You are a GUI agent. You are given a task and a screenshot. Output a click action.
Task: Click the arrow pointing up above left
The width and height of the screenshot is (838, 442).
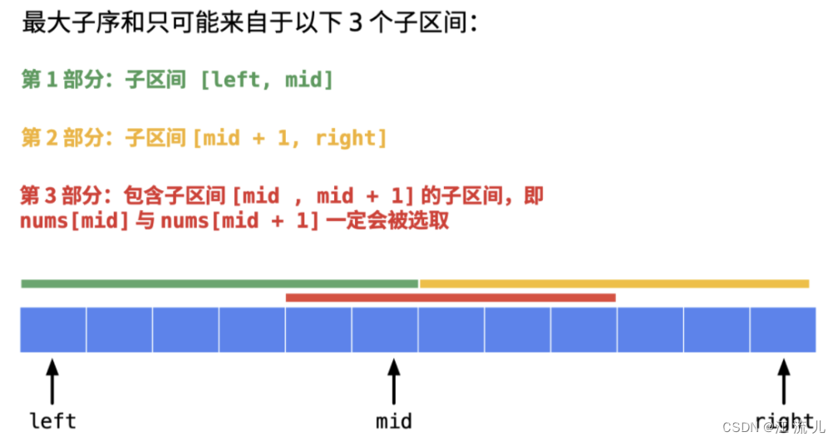(53, 381)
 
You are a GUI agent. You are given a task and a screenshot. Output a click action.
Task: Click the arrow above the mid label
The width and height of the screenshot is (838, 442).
(393, 381)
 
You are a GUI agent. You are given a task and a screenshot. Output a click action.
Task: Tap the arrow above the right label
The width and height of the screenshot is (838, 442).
(784, 381)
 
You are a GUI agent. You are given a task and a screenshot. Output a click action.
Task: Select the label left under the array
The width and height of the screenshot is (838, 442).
(53, 420)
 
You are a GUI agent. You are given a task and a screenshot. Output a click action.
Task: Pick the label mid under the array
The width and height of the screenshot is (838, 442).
(393, 420)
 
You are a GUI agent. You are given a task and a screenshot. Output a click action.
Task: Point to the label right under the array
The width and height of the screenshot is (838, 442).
(784, 420)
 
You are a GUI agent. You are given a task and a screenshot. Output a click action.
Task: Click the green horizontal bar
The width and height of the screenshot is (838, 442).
(219, 283)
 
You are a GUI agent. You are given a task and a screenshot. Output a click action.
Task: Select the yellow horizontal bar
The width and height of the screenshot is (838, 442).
(614, 283)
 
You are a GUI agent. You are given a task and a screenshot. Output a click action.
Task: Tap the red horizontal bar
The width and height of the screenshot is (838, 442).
(450, 297)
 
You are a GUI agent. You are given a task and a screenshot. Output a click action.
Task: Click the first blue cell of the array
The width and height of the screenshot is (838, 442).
(53, 330)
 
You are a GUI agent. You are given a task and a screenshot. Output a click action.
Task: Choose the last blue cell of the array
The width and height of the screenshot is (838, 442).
(782, 330)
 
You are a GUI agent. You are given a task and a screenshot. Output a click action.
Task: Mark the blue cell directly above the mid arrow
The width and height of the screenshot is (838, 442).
(385, 330)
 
